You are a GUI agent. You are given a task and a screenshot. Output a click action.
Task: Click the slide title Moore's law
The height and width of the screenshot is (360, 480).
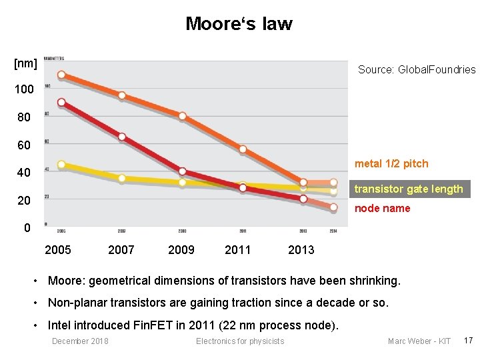click(x=239, y=24)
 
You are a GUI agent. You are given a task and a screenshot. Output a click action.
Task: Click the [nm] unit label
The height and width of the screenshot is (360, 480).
click(x=25, y=63)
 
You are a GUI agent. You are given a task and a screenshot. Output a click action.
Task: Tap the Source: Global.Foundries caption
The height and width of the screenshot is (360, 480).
click(x=417, y=69)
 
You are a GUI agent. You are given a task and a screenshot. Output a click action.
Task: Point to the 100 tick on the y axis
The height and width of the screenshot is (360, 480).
click(x=25, y=89)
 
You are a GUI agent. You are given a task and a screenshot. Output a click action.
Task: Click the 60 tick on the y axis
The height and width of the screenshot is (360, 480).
click(x=23, y=145)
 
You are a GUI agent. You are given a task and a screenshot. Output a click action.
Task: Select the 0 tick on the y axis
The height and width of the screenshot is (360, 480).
click(x=27, y=228)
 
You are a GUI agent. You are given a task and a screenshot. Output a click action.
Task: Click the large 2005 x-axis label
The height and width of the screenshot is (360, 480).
click(x=58, y=250)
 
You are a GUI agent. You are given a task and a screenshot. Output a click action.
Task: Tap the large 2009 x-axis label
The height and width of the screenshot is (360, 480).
click(x=181, y=250)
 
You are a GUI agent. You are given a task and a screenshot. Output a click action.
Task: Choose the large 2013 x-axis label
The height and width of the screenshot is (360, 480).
click(x=301, y=250)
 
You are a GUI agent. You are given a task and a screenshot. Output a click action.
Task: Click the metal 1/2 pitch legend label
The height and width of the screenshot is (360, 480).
click(x=391, y=164)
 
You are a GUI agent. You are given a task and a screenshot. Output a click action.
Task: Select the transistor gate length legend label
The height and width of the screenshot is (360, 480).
click(x=408, y=189)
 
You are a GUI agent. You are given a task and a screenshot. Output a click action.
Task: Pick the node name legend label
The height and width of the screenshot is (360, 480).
click(x=382, y=209)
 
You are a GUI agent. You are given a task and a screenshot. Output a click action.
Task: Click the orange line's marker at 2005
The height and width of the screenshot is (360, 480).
click(x=61, y=75)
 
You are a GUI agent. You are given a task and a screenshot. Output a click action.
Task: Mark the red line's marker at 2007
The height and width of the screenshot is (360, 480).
click(x=122, y=137)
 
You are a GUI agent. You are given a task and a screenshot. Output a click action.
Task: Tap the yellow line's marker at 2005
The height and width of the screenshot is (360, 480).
click(x=61, y=165)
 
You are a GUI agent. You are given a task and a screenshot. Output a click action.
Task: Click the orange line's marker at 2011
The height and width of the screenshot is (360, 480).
click(x=243, y=149)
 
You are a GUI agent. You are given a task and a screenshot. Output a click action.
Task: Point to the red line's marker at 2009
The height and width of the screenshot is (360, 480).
click(x=182, y=171)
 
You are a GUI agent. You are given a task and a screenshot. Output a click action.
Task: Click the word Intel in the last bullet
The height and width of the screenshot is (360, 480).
click(x=60, y=325)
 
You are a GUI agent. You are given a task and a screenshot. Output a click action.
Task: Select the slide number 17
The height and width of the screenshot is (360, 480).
click(x=467, y=341)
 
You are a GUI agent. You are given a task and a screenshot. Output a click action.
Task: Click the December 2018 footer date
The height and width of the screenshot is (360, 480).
click(x=80, y=341)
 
